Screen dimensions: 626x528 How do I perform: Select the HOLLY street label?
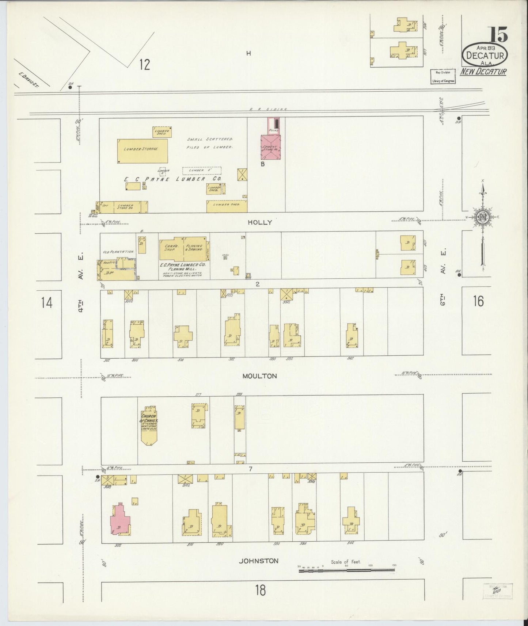260,222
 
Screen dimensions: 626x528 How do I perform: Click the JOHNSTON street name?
259,571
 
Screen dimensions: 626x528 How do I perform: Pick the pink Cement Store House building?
270,148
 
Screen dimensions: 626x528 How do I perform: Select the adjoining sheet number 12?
145,64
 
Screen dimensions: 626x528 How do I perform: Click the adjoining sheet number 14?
46,303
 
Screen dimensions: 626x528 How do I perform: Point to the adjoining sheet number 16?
478,301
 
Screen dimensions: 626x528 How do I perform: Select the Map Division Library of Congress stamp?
442,76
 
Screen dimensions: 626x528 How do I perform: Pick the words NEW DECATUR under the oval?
483,71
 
